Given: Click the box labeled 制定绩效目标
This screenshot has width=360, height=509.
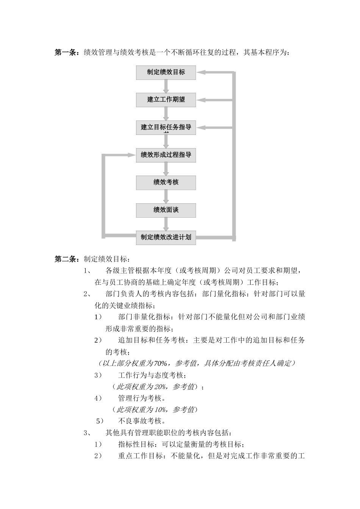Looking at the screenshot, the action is [166, 72].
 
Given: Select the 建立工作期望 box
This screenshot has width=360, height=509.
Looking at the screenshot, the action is [166, 100].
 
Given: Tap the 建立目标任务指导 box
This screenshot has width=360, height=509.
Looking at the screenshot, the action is [166, 127].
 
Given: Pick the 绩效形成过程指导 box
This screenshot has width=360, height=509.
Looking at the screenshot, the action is [166, 155].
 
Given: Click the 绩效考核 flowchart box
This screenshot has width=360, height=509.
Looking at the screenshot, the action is [166, 182].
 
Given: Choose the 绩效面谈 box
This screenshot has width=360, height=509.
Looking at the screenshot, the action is [166, 210].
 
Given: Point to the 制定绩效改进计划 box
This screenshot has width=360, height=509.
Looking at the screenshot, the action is [166, 237].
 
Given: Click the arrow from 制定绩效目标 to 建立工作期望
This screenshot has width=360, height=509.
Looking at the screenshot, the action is [166, 86].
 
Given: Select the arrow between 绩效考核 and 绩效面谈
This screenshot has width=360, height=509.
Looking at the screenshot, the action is [166, 196].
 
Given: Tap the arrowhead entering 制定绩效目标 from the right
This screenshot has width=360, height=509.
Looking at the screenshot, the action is [201, 72].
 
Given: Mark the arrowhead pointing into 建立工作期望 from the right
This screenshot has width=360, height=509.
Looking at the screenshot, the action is [201, 100].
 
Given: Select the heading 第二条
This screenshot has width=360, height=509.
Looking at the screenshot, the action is [66, 259].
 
